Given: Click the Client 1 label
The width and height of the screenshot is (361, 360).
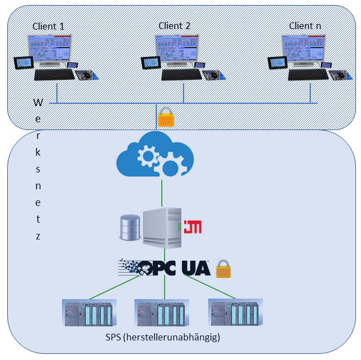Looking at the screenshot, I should [49, 26].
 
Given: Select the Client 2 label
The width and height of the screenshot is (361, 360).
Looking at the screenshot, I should [174, 26].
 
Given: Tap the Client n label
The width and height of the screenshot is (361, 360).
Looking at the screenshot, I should [305, 26].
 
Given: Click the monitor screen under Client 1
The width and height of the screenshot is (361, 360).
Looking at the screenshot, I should [50, 51].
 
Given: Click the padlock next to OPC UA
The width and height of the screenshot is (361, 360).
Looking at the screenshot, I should [223, 268].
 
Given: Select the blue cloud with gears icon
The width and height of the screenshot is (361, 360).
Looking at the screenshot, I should [155, 155].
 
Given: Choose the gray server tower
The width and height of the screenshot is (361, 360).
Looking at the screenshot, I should [162, 228].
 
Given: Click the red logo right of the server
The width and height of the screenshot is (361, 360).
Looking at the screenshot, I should [192, 226].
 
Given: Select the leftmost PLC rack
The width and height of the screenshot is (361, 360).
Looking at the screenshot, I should [89, 314].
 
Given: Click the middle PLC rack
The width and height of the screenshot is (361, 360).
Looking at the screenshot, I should [161, 314].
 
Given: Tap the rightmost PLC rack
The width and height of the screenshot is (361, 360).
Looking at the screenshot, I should [235, 313].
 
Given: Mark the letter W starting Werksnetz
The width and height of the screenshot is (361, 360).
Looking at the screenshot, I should [38, 103].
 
